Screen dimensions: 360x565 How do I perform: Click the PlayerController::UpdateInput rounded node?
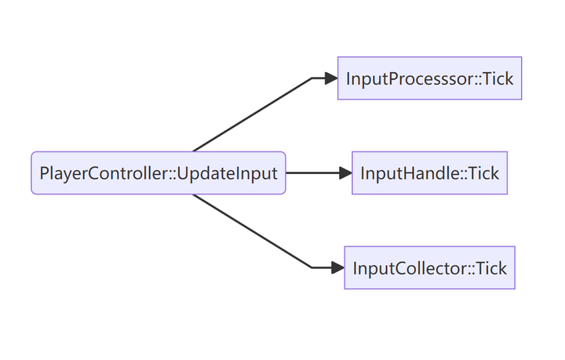point(158,173)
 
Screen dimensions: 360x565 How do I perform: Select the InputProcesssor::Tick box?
point(429,78)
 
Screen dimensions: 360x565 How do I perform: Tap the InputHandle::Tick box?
point(429,173)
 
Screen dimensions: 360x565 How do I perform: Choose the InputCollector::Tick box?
point(429,268)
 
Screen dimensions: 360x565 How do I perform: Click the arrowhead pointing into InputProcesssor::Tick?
point(330,78)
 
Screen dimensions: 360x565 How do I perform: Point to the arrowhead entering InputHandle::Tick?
point(344,173)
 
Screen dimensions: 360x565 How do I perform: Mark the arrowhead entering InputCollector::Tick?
point(337,268)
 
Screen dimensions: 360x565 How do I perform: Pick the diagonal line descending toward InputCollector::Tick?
point(251,231)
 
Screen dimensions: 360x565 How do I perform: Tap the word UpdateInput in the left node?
point(228,173)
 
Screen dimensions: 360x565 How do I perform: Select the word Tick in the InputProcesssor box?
point(498,78)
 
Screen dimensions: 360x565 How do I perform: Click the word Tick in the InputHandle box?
point(483,173)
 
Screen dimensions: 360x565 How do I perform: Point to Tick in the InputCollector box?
point(491,268)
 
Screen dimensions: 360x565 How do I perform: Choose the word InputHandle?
point(409,173)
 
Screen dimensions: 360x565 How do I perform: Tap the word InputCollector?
point(409,268)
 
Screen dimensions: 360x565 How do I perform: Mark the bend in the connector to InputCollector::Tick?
point(312,267)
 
